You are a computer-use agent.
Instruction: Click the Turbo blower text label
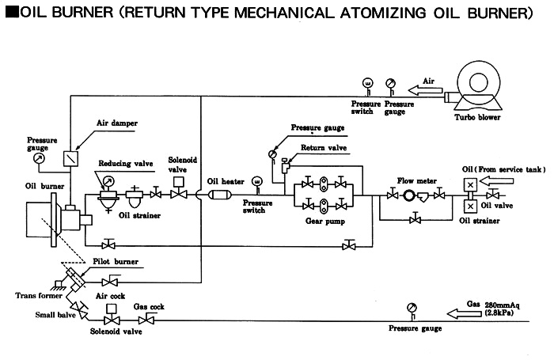pyautogui.click(x=476, y=118)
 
